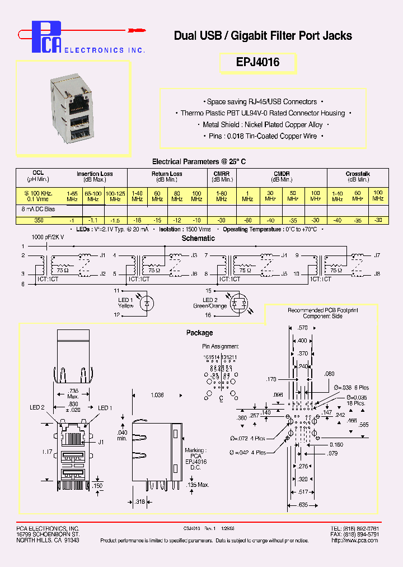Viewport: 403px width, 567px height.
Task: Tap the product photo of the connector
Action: coord(73,108)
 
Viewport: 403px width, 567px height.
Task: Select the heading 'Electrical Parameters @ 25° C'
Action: coord(199,161)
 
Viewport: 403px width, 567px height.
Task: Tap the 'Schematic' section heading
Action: coord(198,238)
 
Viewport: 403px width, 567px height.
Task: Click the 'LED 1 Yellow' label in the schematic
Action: coord(125,303)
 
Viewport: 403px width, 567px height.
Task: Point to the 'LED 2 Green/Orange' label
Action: coord(210,303)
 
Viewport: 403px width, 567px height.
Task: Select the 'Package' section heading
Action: coord(199,333)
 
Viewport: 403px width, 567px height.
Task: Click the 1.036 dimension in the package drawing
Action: coord(157,395)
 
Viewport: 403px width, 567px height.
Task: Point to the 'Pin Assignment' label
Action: coord(220,346)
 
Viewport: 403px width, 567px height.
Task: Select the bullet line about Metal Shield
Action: coord(263,125)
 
